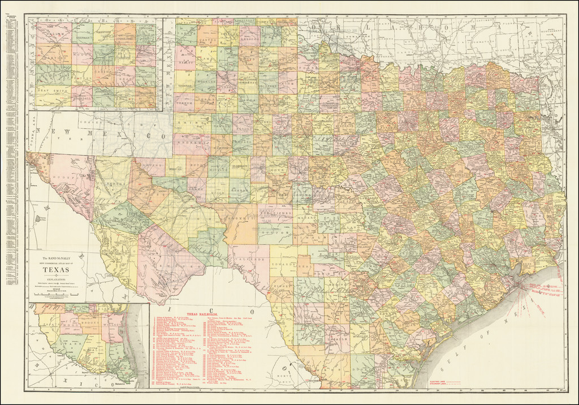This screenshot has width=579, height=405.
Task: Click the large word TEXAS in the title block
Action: tap(55, 269)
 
